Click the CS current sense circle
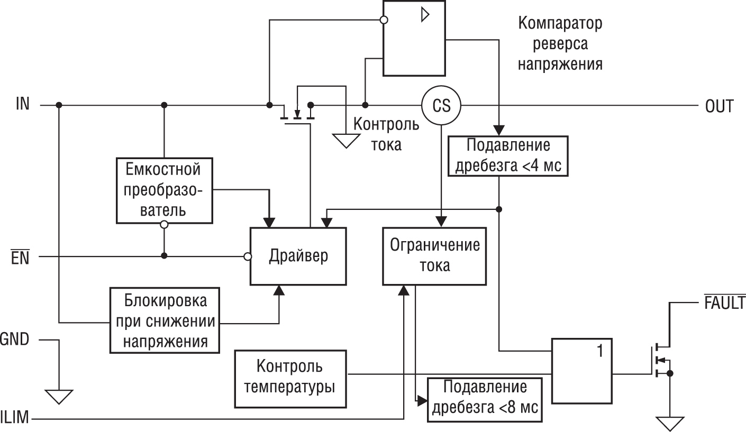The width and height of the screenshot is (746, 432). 441,105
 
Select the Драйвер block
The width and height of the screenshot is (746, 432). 298,256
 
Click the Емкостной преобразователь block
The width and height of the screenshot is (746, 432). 163,190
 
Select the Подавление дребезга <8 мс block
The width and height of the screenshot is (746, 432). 485,399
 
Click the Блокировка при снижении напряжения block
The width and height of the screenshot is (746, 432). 165,321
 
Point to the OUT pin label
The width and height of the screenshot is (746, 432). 719,106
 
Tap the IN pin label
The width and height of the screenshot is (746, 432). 23,105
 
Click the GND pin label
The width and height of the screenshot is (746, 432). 14,339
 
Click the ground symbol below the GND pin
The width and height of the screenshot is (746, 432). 59,395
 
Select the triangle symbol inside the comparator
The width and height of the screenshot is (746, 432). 424,15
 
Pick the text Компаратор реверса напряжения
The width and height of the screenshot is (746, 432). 560,44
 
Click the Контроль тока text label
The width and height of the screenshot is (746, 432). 386,134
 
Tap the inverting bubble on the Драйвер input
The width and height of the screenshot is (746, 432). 247,257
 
